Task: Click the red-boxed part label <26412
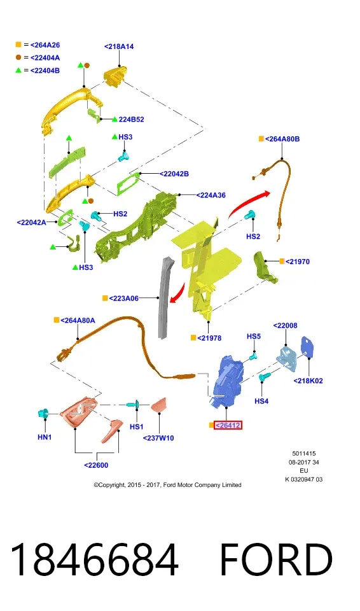[228, 425]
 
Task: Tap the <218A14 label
[119, 46]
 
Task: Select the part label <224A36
[211, 195]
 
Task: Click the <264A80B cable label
[282, 139]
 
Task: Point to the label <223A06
[124, 298]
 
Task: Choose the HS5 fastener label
[254, 336]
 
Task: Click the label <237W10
[158, 438]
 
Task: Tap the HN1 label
[45, 437]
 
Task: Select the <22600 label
[96, 465]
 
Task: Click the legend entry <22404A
[45, 58]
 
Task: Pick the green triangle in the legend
[18, 70]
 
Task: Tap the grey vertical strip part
[164, 298]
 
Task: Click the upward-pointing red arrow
[247, 202]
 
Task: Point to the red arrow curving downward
[179, 293]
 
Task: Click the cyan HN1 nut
[43, 414]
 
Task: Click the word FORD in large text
[276, 559]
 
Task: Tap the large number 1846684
[94, 559]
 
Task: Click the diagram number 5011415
[304, 454]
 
